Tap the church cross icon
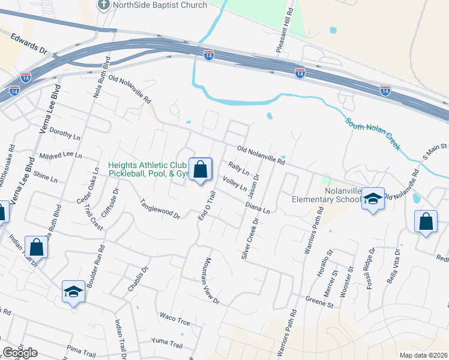103,5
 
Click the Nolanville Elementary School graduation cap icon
373,199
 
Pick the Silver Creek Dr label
249,238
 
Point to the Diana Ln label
258,208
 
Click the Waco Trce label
175,319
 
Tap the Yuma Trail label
167,344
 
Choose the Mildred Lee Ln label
60,155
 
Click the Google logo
20,353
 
